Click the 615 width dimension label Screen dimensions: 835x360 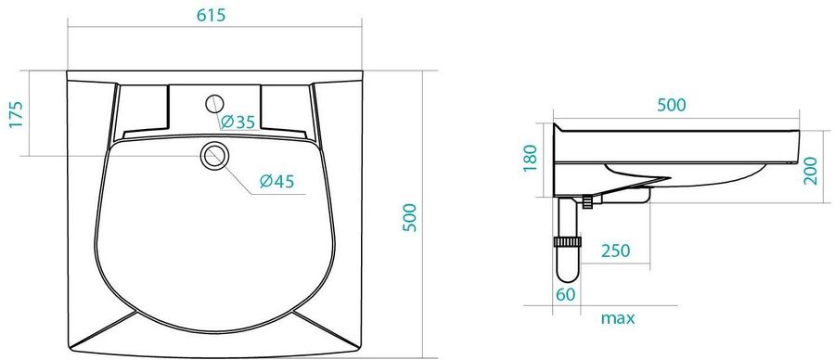click(x=211, y=16)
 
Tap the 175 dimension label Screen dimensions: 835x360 click(x=16, y=114)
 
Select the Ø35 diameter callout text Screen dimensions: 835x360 click(x=238, y=122)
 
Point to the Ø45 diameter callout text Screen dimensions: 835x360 click(x=276, y=182)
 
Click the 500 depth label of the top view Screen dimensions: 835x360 click(x=409, y=217)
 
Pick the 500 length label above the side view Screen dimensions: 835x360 click(x=672, y=106)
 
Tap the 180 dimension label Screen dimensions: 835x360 click(x=531, y=158)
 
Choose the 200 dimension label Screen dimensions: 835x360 click(x=810, y=171)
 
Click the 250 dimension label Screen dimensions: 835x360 click(x=616, y=251)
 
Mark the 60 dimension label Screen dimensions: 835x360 click(x=566, y=294)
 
